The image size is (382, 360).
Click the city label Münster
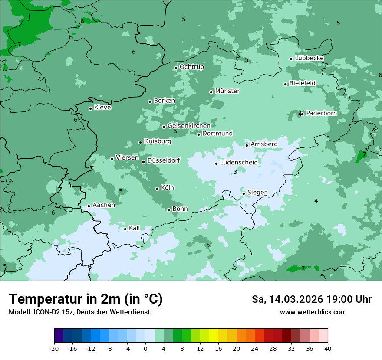point(227,91)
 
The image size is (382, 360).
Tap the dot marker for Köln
point(157,189)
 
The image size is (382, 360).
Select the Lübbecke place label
point(309,58)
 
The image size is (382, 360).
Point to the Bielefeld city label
point(302,83)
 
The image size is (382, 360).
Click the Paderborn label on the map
point(321,113)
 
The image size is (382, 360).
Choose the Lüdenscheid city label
point(239,163)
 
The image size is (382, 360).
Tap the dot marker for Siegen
point(244,193)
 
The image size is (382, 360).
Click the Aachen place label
point(104,205)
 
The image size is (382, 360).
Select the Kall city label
point(134,228)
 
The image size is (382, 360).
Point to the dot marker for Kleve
point(90,108)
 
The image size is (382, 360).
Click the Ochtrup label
point(191,67)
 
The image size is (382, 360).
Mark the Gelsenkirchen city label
point(189,126)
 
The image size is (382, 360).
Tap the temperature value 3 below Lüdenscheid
point(235,172)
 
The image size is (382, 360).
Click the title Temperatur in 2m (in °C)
point(86,299)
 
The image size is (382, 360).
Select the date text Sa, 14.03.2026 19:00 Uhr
point(311,299)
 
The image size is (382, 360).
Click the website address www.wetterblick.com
point(313,312)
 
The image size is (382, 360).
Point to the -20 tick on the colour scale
point(54,348)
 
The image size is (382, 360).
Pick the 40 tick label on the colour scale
point(328,348)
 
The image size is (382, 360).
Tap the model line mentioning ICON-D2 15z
point(79,312)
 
